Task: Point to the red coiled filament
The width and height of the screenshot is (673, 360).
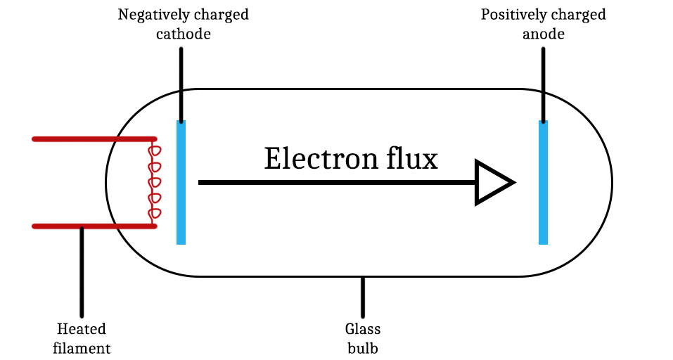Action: [x=153, y=182]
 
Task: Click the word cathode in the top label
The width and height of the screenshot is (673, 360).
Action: [x=183, y=34]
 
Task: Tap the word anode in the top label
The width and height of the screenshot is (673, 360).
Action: [x=543, y=34]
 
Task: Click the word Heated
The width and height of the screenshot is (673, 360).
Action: [x=82, y=329]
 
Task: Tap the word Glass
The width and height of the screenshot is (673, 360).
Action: [x=363, y=329]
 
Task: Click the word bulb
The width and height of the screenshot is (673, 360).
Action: [x=363, y=347]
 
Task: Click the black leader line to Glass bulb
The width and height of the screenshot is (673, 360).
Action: [x=363, y=297]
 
